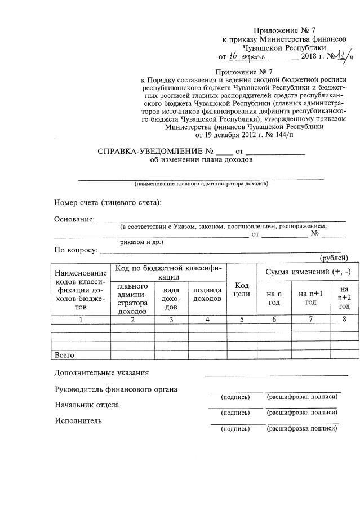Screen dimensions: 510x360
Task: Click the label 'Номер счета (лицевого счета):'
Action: [108, 202]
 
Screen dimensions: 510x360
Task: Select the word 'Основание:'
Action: [74, 219]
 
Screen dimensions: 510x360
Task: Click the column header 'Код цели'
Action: [242, 290]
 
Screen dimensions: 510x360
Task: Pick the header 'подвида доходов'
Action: [207, 294]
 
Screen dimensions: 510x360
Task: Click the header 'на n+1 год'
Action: [310, 298]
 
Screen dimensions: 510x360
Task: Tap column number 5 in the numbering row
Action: [242, 320]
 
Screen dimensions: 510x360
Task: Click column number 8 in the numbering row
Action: [344, 320]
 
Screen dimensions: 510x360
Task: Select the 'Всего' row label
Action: [65, 355]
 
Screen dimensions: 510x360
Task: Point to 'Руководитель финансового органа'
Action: [115, 389]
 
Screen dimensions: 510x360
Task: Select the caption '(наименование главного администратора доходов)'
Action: [201, 184]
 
